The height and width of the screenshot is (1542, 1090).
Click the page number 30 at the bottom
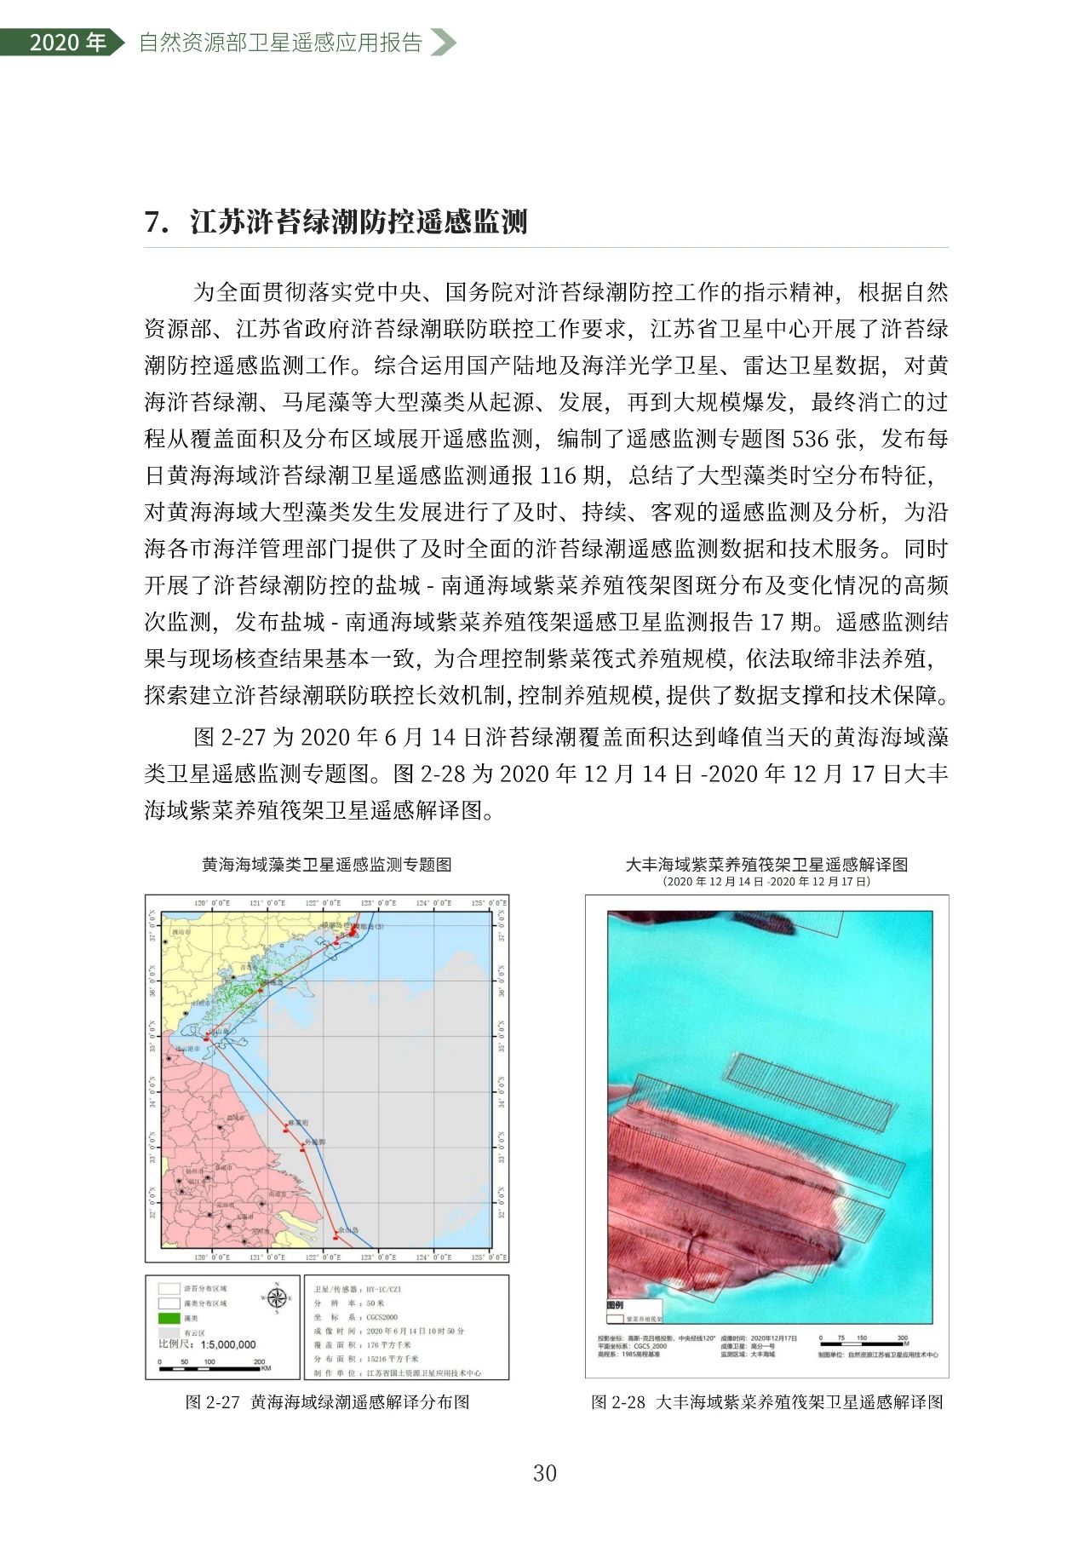(544, 1473)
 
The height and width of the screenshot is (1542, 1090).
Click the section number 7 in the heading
(155, 222)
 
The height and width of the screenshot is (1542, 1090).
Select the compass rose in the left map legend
(277, 1297)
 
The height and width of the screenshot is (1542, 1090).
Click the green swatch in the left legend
(169, 1318)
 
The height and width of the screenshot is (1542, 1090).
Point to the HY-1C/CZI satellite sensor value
(383, 1290)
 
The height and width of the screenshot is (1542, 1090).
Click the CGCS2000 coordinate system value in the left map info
(381, 1317)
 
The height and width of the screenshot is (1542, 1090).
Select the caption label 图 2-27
(213, 1402)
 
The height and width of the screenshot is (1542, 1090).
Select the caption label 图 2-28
(618, 1402)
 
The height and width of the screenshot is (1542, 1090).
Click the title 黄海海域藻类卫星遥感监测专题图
(326, 865)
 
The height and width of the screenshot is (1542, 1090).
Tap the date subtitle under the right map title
(766, 882)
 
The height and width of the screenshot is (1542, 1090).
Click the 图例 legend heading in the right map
(615, 1305)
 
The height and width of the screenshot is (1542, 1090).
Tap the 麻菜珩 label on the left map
(299, 1123)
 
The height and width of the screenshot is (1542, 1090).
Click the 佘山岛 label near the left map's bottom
(348, 1230)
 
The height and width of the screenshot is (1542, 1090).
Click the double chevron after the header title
(442, 43)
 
